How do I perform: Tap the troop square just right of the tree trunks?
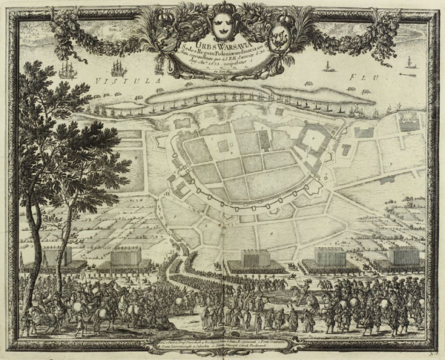tap(125, 261)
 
